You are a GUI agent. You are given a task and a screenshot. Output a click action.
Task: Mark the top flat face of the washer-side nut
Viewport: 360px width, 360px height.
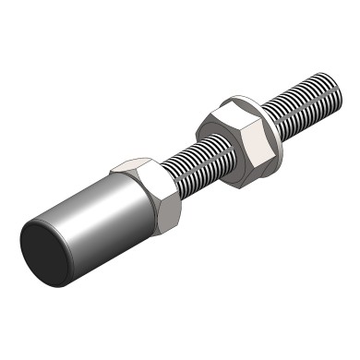point(229,113)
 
